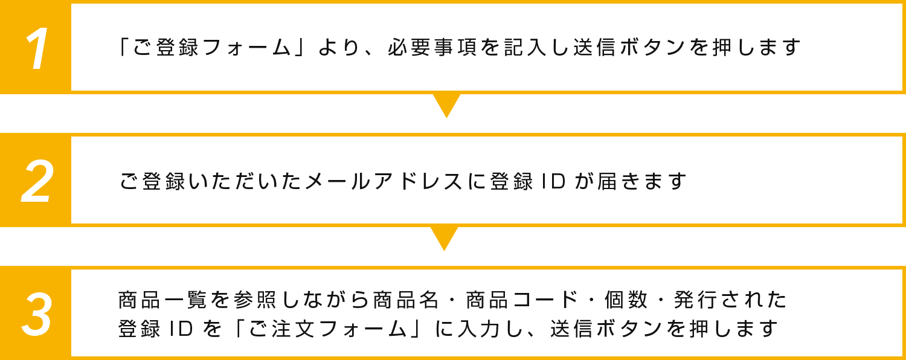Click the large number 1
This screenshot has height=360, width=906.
[x=37, y=48]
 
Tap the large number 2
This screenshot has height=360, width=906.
[x=37, y=181]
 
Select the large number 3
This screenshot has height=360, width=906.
[x=37, y=315]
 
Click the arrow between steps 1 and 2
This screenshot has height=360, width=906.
[x=447, y=104]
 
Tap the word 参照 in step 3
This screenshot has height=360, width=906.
[x=246, y=300]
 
